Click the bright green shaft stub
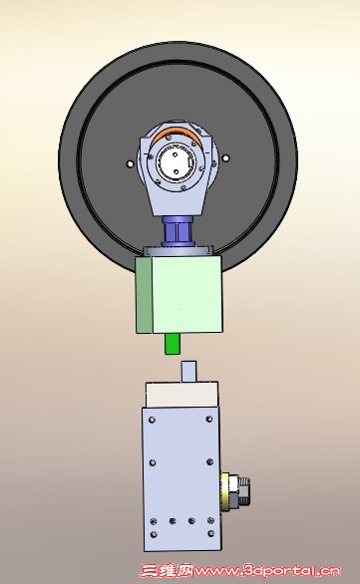point(173,344)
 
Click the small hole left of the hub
point(130,163)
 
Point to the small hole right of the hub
point(225,157)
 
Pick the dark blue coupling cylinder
point(179,231)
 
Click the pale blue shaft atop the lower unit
point(188,371)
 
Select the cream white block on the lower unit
point(181,394)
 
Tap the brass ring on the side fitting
point(225,491)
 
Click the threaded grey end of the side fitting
point(243,491)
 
